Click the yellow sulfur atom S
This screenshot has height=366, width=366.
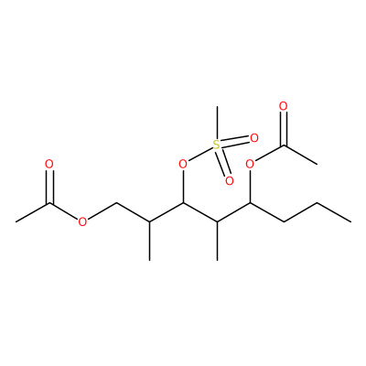(x=216, y=145)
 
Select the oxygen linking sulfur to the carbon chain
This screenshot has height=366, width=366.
(x=183, y=165)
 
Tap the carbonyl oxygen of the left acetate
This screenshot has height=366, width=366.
(x=49, y=165)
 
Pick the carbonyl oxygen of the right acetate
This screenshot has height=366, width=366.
(x=284, y=106)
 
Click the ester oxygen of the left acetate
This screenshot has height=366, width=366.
(x=82, y=222)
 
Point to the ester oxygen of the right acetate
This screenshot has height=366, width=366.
(x=250, y=165)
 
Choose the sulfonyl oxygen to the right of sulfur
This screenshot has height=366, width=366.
(x=254, y=138)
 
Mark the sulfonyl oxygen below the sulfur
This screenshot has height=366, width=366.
(x=229, y=181)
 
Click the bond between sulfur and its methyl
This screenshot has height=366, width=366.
(x=217, y=123)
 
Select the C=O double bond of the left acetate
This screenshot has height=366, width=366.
(x=49, y=187)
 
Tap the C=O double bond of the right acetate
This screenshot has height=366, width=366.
(x=284, y=128)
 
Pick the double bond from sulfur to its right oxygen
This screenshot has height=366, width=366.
(x=235, y=142)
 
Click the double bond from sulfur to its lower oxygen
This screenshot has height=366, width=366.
(x=222, y=163)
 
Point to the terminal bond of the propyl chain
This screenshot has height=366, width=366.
(x=334, y=212)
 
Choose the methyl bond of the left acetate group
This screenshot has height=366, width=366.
(x=32, y=212)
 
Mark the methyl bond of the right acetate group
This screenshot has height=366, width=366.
(x=300, y=155)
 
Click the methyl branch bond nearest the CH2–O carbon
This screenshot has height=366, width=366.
(x=149, y=241)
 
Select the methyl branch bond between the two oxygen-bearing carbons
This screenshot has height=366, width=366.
(x=217, y=241)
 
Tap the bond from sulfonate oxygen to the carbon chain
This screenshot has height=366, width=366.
(x=183, y=186)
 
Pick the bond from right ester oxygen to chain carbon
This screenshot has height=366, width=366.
(x=250, y=186)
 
